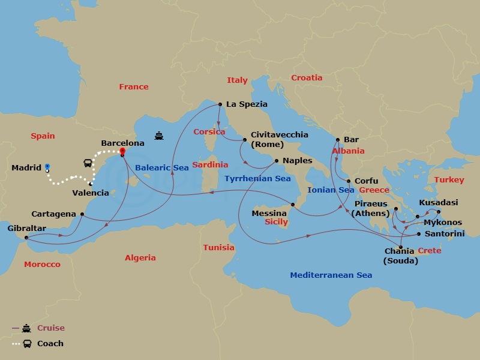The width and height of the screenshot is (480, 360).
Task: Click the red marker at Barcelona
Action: tap(122, 151)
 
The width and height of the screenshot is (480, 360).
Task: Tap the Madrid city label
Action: tap(26, 168)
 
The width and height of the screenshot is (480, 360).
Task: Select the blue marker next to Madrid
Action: tap(47, 167)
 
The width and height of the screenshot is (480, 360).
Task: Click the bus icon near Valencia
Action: tap(88, 163)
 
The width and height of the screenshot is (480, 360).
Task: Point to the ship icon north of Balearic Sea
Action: tap(159, 136)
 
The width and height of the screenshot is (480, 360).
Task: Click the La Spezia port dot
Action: tap(220, 104)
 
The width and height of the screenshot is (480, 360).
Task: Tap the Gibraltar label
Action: tap(26, 228)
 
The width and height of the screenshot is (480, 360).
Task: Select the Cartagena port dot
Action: tap(82, 214)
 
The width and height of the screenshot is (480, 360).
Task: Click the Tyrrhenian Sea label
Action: tap(257, 179)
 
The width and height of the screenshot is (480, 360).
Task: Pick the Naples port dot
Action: tap(277, 161)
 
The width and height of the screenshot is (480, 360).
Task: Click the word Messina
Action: tap(269, 213)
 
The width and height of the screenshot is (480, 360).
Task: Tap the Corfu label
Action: tap(367, 181)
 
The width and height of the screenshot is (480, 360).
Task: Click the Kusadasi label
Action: tap(439, 203)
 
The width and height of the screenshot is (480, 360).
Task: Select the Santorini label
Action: tap(444, 233)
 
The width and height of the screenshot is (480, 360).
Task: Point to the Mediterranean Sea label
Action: tap(331, 275)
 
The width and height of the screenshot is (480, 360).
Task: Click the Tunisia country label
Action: tap(218, 247)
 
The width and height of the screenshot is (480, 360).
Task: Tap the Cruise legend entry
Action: tap(50, 328)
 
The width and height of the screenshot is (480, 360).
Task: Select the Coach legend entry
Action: tap(50, 344)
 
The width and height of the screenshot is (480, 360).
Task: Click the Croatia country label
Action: tap(307, 77)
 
